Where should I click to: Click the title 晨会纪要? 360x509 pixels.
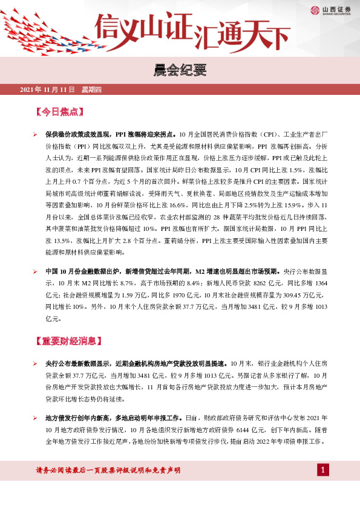(x=180, y=71)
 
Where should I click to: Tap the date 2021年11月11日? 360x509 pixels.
(x=47, y=90)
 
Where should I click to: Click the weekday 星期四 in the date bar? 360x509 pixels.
(x=91, y=90)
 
